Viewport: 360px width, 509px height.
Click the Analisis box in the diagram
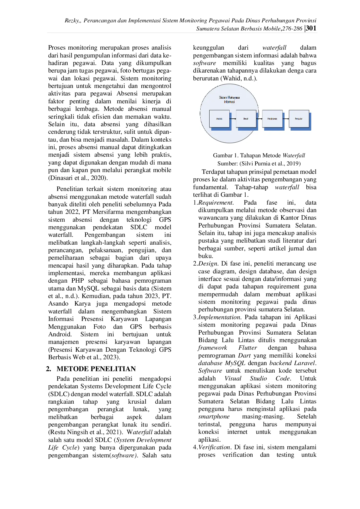219,119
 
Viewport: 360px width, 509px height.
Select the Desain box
246,119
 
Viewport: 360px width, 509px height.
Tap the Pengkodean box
272,119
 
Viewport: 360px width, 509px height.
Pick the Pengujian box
299,119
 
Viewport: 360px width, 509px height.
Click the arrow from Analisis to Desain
233,119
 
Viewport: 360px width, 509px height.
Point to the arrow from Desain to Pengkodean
259,119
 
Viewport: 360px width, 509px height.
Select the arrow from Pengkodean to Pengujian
286,119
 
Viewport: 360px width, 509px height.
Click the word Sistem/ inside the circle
223,98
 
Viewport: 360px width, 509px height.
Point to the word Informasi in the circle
229,102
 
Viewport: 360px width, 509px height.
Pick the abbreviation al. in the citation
84,178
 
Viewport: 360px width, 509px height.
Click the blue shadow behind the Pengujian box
310,122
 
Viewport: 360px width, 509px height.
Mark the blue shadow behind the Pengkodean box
284,122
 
